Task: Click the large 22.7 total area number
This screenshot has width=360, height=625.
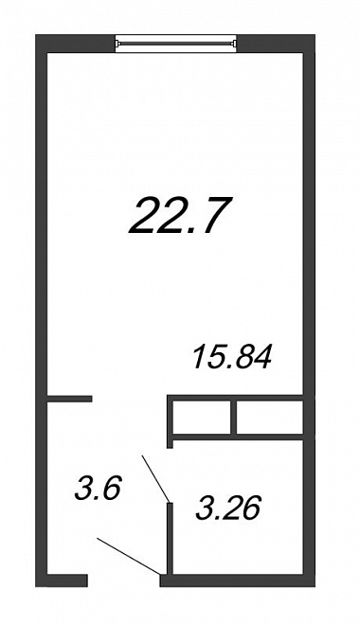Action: pos(180,215)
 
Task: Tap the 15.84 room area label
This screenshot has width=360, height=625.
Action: pos(232,357)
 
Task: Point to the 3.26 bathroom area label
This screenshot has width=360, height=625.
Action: pos(228,509)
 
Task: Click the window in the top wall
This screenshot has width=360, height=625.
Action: pos(176,44)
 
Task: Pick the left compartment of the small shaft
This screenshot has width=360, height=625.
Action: pos(202,418)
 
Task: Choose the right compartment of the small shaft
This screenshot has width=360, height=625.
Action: pos(270,418)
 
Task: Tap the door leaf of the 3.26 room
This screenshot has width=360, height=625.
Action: pos(156,478)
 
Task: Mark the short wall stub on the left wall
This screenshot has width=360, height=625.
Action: pos(70,399)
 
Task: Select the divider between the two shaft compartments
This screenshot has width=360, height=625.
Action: pos(234,418)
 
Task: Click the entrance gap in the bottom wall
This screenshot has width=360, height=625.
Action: pos(123,580)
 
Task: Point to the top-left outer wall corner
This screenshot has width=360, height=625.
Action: pos(36,35)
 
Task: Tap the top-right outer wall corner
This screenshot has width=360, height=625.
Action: pos(315,35)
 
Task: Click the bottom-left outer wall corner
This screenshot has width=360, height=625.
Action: pos(36,586)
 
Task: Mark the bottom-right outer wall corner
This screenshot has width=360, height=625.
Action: pos(315,586)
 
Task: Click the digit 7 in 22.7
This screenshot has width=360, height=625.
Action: pos(216,215)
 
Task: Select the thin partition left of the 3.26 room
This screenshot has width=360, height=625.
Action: pos(170,539)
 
